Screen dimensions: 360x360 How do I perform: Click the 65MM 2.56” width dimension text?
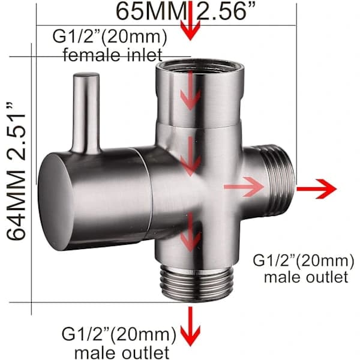185,11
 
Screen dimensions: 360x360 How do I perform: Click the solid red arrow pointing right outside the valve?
316,189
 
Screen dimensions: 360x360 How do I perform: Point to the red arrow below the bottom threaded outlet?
190,326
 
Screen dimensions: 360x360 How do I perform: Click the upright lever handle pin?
86,113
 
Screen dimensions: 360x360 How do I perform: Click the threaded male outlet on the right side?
278,181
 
